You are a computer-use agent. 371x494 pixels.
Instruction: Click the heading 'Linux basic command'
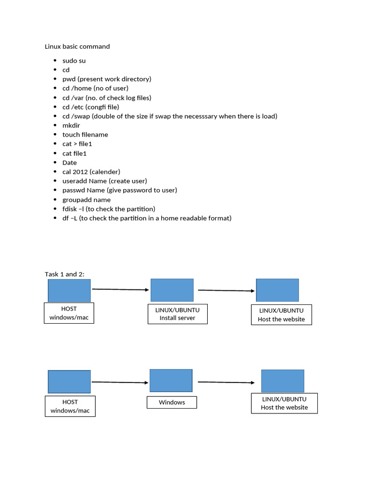pyautogui.click(x=77, y=47)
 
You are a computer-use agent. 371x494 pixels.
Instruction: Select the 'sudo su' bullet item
pyautogui.click(x=74, y=61)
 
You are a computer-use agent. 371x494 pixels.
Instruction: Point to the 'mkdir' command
pyautogui.click(x=71, y=125)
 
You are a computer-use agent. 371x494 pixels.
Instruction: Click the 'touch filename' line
pyautogui.click(x=85, y=135)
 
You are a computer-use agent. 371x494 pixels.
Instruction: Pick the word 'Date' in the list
pyautogui.click(x=70, y=163)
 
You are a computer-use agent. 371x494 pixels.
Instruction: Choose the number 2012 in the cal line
pyautogui.click(x=81, y=172)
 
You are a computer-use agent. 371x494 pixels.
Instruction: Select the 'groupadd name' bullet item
pyautogui.click(x=86, y=200)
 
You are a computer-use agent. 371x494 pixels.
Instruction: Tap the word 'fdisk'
pyautogui.click(x=70, y=209)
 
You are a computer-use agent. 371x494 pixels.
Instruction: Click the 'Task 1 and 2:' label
pyautogui.click(x=65, y=274)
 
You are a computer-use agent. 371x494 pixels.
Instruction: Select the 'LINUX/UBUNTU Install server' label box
pyautogui.click(x=177, y=314)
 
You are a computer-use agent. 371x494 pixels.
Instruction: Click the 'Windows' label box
pyautogui.click(x=172, y=402)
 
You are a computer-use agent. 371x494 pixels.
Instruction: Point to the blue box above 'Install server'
pyautogui.click(x=172, y=290)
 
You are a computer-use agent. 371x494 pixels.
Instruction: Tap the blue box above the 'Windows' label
pyautogui.click(x=171, y=381)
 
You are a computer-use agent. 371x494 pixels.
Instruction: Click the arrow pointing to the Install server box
pyautogui.click(x=120, y=289)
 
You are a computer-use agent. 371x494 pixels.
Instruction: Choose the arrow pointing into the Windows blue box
pyautogui.click(x=120, y=382)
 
